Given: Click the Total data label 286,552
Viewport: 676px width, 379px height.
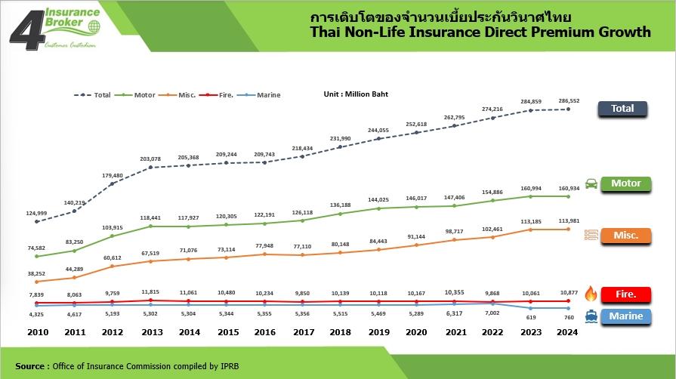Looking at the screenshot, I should tap(568, 100).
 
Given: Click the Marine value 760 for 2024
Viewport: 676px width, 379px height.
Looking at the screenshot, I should tap(568, 318).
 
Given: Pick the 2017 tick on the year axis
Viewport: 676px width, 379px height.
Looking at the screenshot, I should tap(302, 333).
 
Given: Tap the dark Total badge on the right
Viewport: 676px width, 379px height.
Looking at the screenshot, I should tap(622, 109).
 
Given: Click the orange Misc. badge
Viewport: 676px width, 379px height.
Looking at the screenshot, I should tap(625, 236).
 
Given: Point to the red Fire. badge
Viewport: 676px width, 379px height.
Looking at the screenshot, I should tap(626, 294).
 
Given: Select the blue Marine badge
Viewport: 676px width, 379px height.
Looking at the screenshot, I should tap(626, 316).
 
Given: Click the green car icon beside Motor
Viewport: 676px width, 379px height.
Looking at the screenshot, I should tap(591, 183).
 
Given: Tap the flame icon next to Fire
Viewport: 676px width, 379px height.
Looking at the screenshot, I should tap(591, 294).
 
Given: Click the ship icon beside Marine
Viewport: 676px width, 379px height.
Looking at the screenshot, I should tap(591, 317).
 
